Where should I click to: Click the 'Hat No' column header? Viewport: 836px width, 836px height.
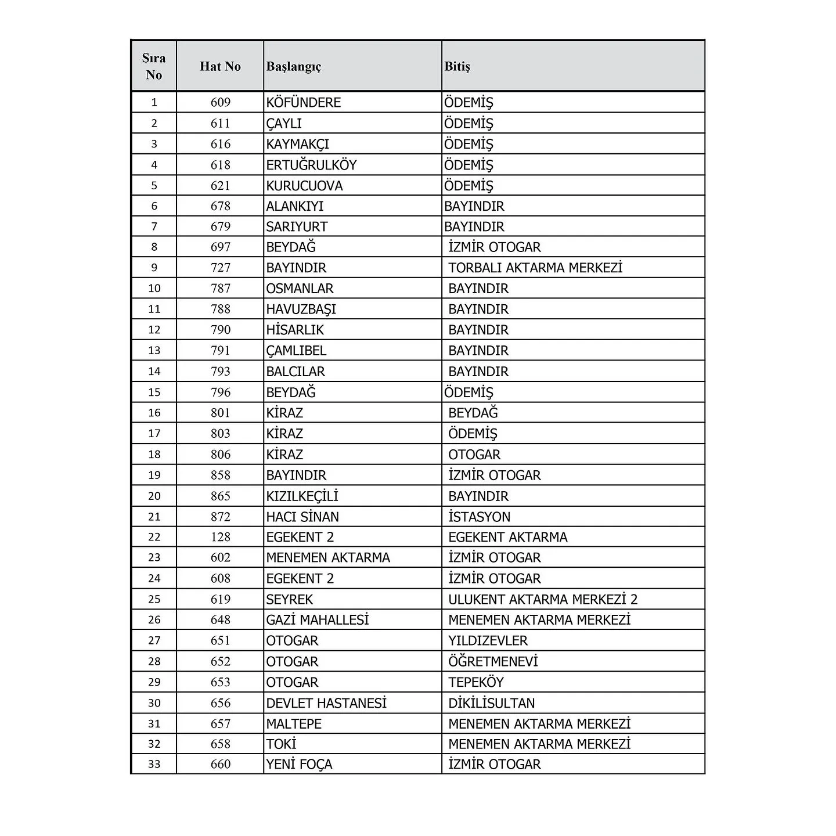(x=220, y=66)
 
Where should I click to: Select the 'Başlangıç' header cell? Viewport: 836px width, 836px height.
(x=294, y=66)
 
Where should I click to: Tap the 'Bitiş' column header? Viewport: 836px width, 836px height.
(x=457, y=66)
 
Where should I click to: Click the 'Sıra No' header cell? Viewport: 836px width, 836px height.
(x=154, y=66)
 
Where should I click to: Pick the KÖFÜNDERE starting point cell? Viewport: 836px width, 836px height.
(x=304, y=103)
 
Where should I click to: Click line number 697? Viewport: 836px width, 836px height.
(x=221, y=247)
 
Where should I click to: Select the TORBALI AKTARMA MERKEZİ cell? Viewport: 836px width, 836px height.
(x=535, y=268)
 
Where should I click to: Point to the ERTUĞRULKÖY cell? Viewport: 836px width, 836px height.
(x=311, y=165)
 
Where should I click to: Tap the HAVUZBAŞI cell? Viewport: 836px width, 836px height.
(x=301, y=309)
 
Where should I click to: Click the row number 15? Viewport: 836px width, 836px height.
(x=154, y=392)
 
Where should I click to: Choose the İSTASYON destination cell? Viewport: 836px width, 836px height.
(x=479, y=517)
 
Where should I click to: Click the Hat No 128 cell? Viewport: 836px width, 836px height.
(x=221, y=537)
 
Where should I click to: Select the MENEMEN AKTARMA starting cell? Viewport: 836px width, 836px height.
(x=328, y=558)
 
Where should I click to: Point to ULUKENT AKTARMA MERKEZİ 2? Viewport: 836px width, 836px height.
(x=543, y=599)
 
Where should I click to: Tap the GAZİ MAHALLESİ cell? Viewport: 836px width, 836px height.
(x=318, y=620)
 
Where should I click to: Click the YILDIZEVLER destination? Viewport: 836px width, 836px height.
(x=488, y=641)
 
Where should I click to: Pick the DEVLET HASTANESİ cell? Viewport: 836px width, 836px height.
(x=326, y=703)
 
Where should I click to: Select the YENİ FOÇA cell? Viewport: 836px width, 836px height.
(x=299, y=765)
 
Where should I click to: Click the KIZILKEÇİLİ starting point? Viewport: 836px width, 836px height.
(x=302, y=496)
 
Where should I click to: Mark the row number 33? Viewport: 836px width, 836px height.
(x=154, y=765)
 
